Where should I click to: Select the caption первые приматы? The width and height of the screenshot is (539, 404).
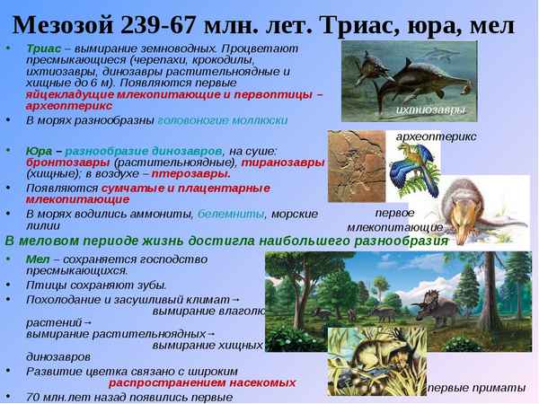[x=476, y=387]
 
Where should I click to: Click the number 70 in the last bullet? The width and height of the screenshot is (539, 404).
[x=33, y=396]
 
